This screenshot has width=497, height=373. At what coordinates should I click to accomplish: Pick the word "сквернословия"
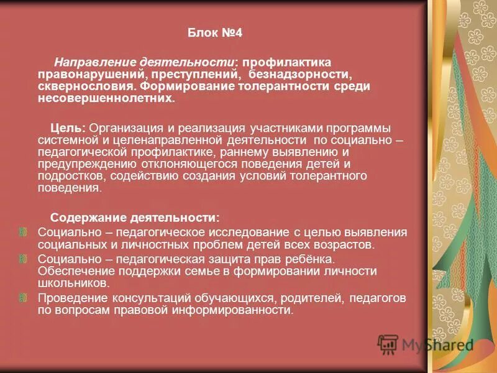tap(86, 86)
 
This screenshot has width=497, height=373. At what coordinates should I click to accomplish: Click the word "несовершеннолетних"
tap(105, 98)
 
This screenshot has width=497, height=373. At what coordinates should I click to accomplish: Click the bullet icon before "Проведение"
tap(23, 298)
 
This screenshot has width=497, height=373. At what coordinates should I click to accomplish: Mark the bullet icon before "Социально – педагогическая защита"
tap(23, 258)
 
